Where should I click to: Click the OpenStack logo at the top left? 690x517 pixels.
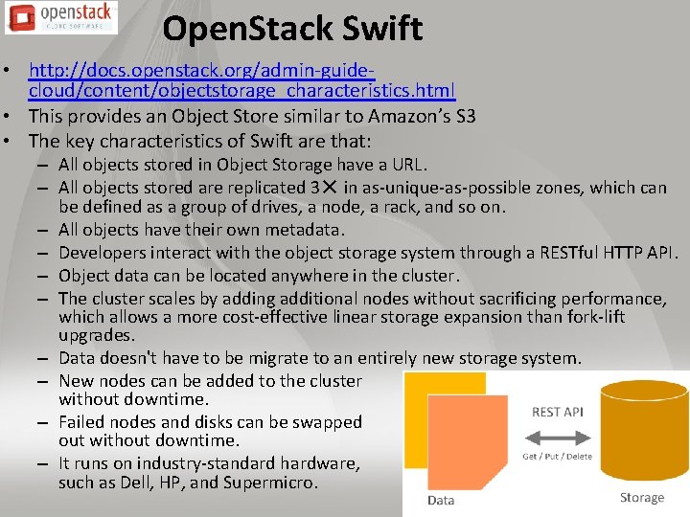(59, 17)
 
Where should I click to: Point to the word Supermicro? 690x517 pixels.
(269, 483)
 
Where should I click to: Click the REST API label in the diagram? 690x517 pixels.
(558, 413)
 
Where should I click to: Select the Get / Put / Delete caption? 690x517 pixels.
(557, 456)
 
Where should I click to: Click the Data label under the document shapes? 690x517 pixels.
(441, 501)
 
